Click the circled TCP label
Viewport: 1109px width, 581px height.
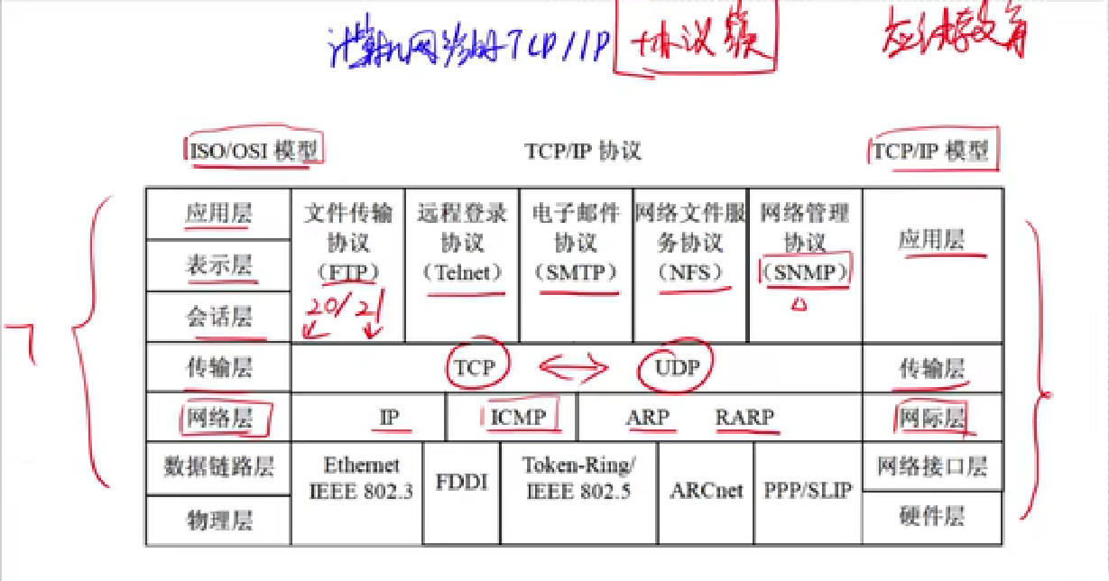pos(476,366)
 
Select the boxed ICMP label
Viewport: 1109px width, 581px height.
pos(518,417)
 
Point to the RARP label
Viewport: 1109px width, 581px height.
pos(744,418)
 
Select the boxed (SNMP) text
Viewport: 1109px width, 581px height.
pos(806,272)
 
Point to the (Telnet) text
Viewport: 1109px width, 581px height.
pos(462,272)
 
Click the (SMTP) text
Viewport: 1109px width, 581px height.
pos(576,272)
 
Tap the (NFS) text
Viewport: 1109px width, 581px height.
pos(690,272)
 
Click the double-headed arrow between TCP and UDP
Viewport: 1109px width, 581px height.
pos(574,366)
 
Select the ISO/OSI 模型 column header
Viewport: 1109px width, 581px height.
pos(255,151)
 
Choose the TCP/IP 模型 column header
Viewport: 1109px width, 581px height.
pos(930,151)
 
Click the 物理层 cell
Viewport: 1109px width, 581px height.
pos(219,521)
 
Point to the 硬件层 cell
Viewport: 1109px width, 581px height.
pos(932,517)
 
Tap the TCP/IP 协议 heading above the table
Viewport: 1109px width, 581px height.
pos(583,151)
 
